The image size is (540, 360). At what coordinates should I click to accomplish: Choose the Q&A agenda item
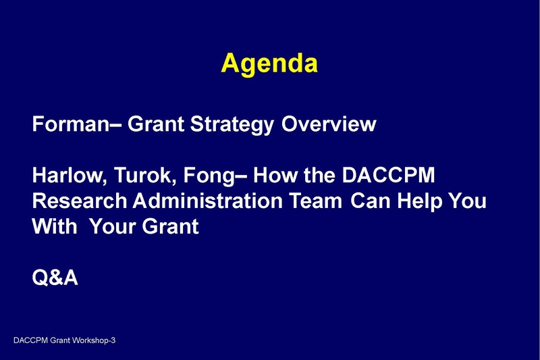click(55, 278)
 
